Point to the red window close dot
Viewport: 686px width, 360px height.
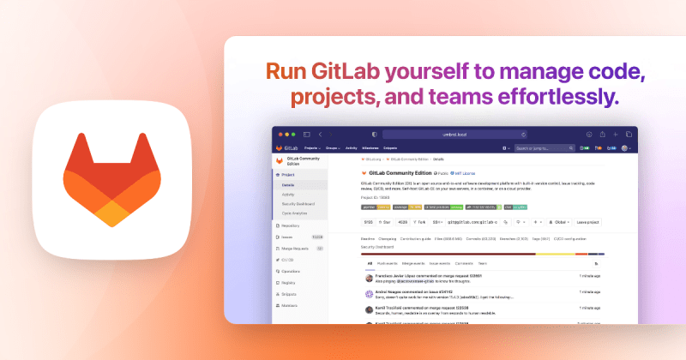coord(281,135)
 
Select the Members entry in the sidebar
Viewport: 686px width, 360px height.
coord(290,305)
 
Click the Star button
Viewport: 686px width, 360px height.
coord(373,223)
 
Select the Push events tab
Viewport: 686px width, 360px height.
coord(388,263)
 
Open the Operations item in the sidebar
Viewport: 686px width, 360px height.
coord(290,271)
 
